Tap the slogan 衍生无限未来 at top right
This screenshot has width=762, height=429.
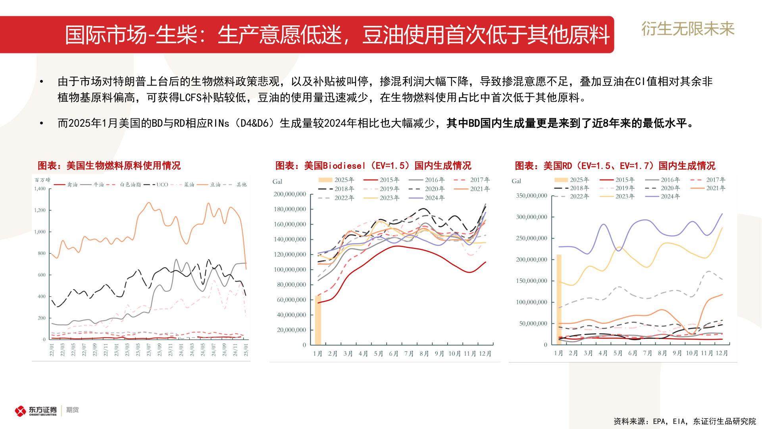(688, 29)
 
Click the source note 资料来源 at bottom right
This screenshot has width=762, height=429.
(684, 421)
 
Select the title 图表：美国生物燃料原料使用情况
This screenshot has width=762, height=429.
(109, 166)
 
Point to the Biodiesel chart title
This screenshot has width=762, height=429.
(373, 166)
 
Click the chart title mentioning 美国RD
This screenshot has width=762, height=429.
(615, 166)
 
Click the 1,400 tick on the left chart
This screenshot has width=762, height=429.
(40, 189)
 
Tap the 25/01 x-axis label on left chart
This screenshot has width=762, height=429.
(246, 350)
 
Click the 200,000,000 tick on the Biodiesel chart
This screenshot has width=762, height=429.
(290, 194)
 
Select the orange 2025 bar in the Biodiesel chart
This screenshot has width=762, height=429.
(318, 320)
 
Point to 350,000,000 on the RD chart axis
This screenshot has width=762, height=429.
(531, 196)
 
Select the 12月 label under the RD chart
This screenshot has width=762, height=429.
(722, 353)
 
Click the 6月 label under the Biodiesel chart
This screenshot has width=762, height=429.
(393, 354)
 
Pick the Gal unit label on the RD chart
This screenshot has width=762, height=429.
(516, 181)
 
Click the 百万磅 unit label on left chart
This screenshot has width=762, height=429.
(42, 180)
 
